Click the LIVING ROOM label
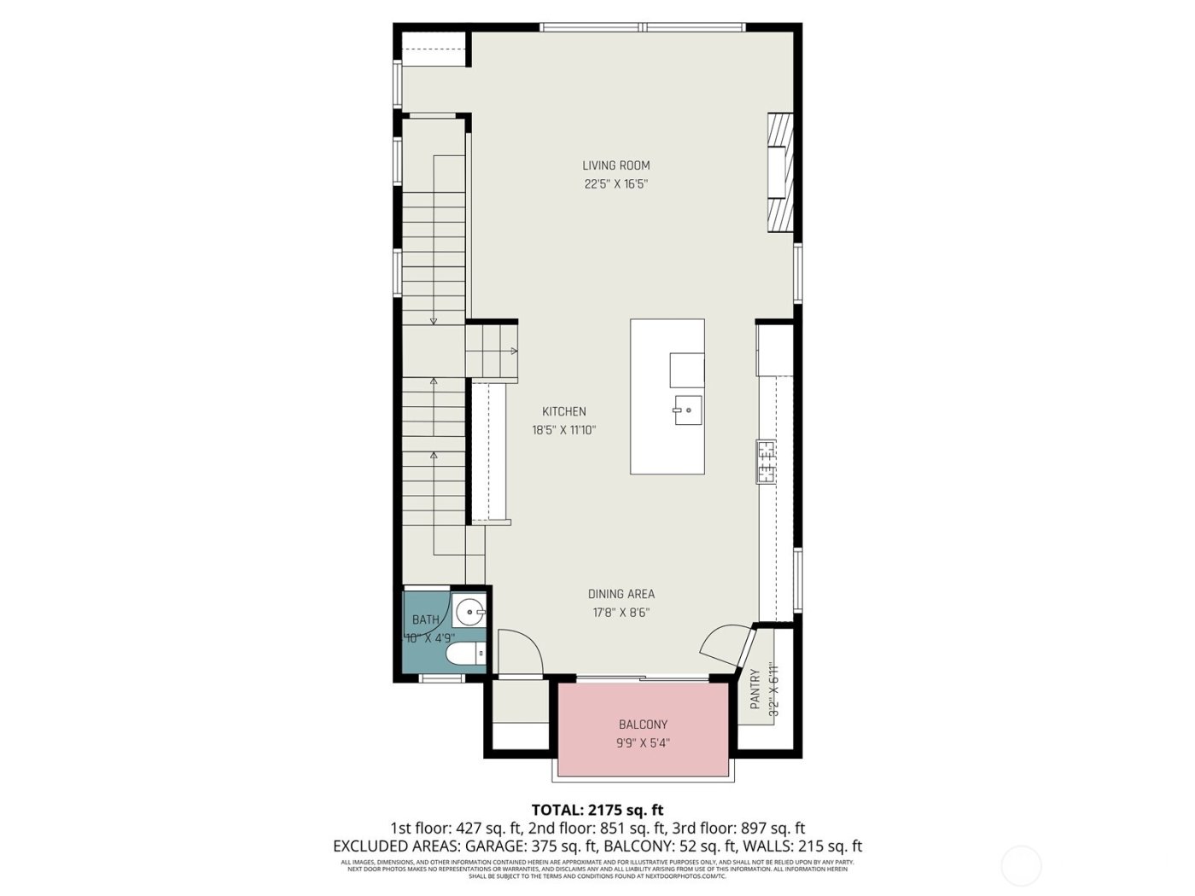[x=616, y=166]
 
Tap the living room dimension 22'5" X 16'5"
[x=616, y=184]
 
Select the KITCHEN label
[x=564, y=411]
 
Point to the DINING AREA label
[x=621, y=594]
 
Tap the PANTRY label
[x=755, y=689]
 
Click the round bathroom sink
[x=469, y=612]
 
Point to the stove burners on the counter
[x=765, y=462]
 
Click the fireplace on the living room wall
[x=778, y=172]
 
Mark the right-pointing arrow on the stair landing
[x=514, y=351]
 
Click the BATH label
[x=425, y=620]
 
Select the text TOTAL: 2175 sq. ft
[x=597, y=810]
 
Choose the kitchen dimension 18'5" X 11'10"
[x=563, y=431]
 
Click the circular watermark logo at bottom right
[x=1021, y=865]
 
